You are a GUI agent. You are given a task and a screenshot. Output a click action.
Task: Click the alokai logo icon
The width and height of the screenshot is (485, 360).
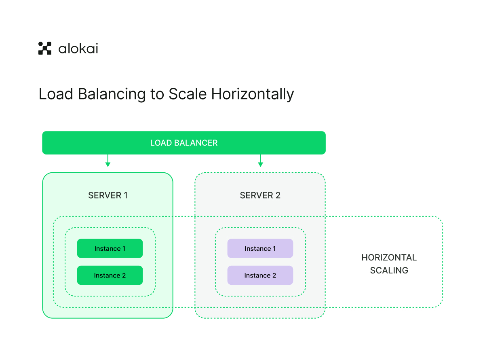coord(45,48)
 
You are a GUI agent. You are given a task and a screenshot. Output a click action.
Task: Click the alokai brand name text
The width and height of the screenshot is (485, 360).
coord(78,49)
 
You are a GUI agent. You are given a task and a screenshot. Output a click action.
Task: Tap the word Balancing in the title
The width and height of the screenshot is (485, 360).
coord(112,94)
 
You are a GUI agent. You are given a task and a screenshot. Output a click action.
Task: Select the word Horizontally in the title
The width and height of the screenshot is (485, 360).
coord(252,94)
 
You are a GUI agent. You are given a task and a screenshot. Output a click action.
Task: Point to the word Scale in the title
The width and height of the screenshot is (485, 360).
coord(188,94)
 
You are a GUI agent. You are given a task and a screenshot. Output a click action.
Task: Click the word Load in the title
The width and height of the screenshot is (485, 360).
coord(56,94)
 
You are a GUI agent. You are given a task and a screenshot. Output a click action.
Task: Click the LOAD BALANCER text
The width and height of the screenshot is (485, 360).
coord(183,143)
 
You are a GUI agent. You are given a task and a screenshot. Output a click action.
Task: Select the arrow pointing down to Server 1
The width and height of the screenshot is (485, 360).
coord(108,161)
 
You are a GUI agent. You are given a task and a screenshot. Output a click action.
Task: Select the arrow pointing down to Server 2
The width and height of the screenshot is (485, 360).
coord(260,161)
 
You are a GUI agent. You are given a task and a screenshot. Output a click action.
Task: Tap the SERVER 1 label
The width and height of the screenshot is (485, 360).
coord(108,195)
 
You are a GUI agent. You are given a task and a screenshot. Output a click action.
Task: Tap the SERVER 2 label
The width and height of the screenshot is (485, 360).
coord(260,195)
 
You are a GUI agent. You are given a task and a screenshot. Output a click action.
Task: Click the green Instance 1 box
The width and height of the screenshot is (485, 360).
coord(110,248)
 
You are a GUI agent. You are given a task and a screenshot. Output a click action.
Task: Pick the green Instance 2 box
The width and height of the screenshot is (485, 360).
coord(110,275)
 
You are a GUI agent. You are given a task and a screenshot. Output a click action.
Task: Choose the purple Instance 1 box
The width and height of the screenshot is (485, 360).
coord(260,248)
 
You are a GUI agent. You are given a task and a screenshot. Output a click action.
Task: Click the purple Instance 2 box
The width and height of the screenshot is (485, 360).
coord(260,275)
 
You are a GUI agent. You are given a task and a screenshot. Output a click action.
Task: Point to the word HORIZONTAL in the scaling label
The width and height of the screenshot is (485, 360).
coord(389,257)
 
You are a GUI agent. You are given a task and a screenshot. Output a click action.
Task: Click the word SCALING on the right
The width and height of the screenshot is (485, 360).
coord(389,270)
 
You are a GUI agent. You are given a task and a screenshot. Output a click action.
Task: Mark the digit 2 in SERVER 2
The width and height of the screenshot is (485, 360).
coord(278,195)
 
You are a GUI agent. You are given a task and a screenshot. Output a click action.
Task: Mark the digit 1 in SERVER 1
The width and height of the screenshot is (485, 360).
coord(126,195)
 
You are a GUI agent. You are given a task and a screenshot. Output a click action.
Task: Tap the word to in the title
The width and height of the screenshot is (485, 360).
coord(157,94)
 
